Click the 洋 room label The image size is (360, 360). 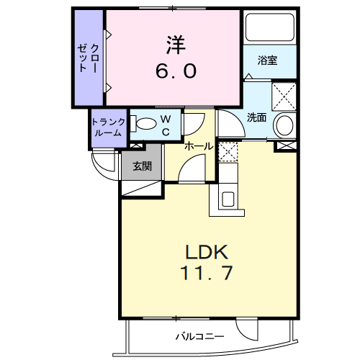tap(176, 45)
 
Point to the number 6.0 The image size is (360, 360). tap(176, 72)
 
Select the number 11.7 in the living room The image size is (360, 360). tap(207, 274)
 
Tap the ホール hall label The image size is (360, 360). tap(198, 146)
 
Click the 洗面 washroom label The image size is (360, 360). tap(257, 117)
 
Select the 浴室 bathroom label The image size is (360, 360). tap(268, 61)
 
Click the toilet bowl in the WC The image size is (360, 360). tap(144, 124)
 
